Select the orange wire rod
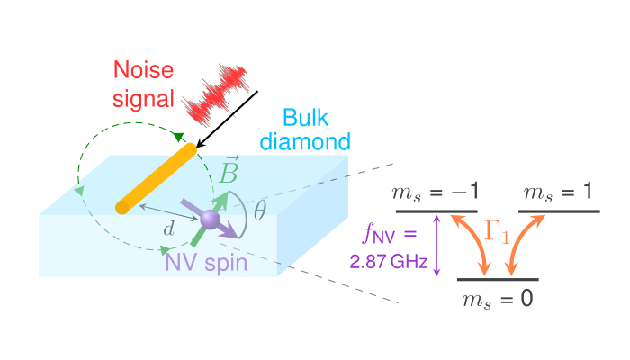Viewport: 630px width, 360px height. tap(157, 179)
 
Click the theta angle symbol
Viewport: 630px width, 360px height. tap(259, 211)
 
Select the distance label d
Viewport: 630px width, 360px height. tap(168, 230)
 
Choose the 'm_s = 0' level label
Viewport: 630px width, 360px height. tap(497, 297)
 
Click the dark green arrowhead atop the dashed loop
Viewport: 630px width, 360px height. tap(178, 137)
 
